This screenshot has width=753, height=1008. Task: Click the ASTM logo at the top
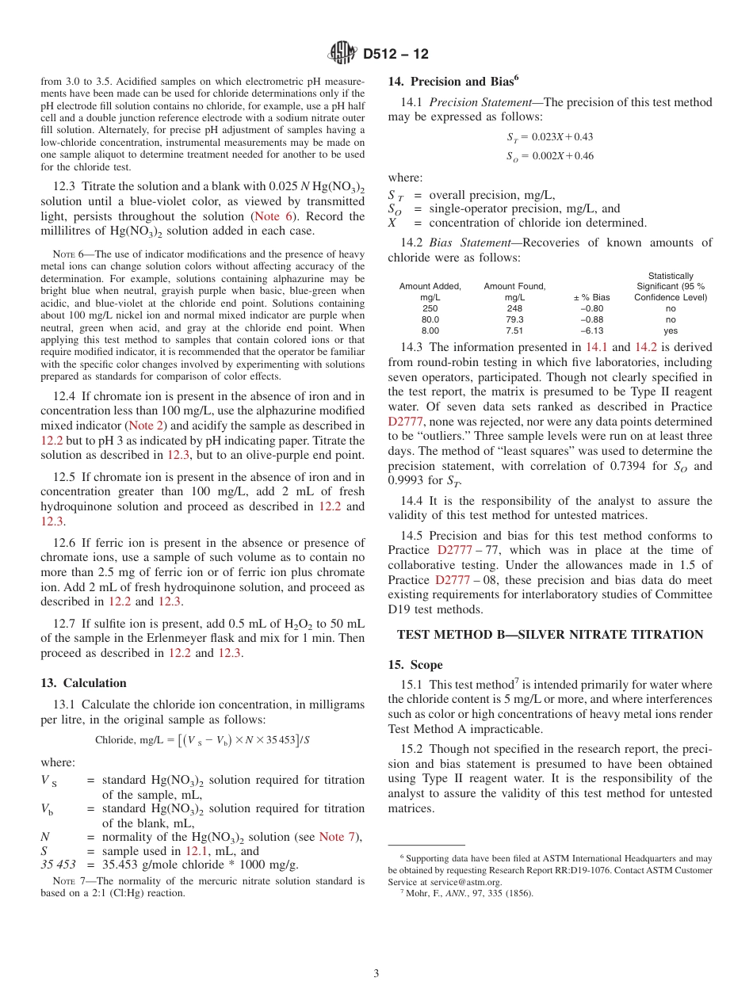click(342, 54)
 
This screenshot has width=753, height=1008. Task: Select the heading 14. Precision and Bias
click(453, 81)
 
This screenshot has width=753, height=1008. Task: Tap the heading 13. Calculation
click(83, 682)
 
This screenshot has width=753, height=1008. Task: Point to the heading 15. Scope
click(415, 664)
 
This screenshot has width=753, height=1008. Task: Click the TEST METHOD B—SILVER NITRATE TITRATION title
click(549, 634)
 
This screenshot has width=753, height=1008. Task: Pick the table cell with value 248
click(514, 308)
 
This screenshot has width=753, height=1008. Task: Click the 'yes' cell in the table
click(670, 330)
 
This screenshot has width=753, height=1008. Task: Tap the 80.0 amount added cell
click(430, 319)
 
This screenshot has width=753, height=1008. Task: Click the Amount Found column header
click(514, 292)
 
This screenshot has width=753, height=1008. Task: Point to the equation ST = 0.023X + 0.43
click(549, 137)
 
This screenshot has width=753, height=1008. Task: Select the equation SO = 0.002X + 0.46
click(549, 156)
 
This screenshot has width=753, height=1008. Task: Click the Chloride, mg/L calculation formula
click(202, 740)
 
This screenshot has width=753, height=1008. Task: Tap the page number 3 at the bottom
click(376, 973)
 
